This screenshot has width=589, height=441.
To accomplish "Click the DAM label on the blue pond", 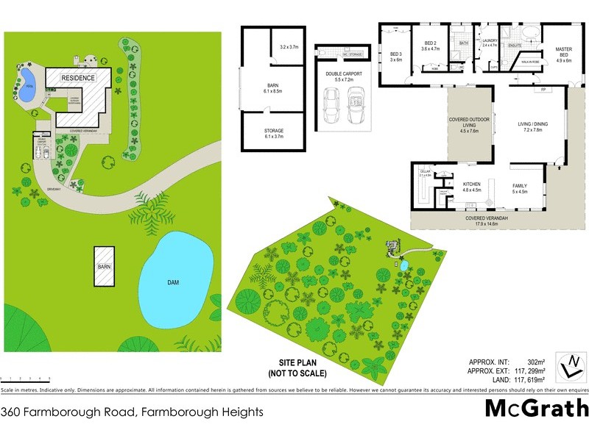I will (174, 282).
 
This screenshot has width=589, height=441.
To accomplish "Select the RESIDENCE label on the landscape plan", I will (77, 78).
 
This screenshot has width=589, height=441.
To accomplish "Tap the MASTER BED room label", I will (563, 53).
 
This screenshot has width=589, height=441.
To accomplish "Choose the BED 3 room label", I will (396, 55).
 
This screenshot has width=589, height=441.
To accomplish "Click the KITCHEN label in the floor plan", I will (471, 184).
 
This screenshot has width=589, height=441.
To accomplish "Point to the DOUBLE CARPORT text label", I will (344, 73).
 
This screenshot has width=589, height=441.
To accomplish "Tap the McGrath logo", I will (536, 407).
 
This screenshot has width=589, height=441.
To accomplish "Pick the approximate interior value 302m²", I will (533, 362).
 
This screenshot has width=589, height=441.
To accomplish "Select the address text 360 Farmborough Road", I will (133, 412).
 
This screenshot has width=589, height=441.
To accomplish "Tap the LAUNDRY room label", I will (490, 41).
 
